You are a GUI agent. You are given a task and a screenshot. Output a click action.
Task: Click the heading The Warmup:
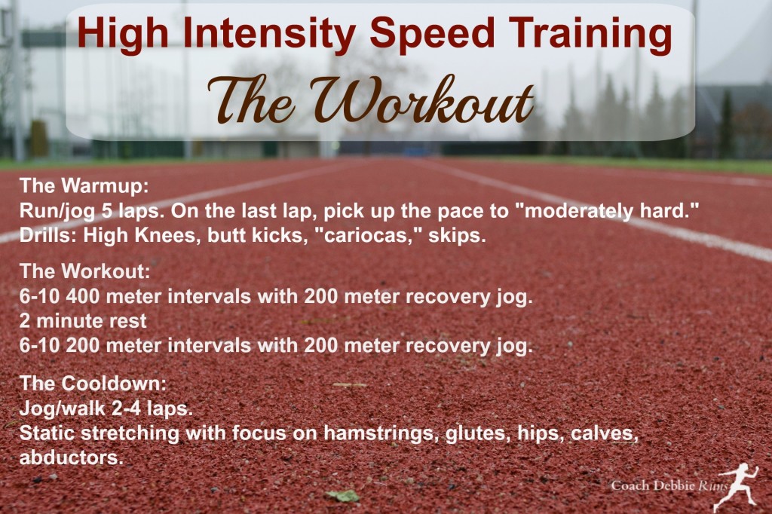point(84,187)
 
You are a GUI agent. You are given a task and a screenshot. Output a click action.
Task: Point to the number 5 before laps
point(107,212)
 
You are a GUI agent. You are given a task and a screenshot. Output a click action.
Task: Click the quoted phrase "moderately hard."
point(611,212)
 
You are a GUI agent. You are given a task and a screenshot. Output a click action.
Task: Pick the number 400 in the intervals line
point(83,297)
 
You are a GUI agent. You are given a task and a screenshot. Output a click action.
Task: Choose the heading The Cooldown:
point(93,384)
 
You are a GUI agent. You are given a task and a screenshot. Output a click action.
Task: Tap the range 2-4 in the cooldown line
point(127,408)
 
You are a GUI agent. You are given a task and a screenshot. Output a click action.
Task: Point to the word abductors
point(71,458)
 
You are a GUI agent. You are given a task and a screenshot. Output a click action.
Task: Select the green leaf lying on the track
point(343,495)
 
